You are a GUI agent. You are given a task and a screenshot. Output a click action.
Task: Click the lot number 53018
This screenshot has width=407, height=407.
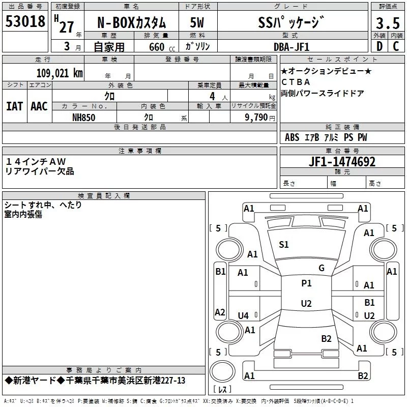(x=25, y=22)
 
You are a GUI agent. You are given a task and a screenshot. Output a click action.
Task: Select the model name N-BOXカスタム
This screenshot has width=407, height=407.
(x=132, y=23)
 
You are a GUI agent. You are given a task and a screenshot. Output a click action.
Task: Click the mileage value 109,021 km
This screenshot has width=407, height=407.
(x=60, y=73)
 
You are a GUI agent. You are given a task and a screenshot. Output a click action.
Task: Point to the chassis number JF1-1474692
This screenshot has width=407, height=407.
(x=342, y=162)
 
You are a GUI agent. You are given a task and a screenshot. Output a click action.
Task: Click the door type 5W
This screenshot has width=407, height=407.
(x=197, y=23)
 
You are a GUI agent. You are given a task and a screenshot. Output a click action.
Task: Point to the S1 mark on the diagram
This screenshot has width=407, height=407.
(x=284, y=245)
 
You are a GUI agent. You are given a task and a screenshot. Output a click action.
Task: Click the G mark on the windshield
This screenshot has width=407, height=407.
(x=321, y=268)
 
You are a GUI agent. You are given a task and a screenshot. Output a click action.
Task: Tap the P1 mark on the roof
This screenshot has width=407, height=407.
(x=306, y=283)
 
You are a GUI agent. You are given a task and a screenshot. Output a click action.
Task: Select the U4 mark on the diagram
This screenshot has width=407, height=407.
(x=243, y=316)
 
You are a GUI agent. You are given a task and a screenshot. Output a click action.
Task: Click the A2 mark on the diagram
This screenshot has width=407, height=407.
(x=220, y=312)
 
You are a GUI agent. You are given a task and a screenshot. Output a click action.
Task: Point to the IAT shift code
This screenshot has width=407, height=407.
(x=14, y=106)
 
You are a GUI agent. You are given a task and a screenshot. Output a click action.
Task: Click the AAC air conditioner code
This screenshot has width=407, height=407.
(x=39, y=106)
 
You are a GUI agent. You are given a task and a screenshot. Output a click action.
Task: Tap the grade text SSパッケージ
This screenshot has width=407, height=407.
(x=290, y=23)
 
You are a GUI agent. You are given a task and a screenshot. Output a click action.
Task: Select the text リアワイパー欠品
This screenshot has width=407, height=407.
(x=40, y=171)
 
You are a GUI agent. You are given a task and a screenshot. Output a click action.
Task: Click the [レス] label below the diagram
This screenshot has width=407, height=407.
(x=222, y=390)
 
